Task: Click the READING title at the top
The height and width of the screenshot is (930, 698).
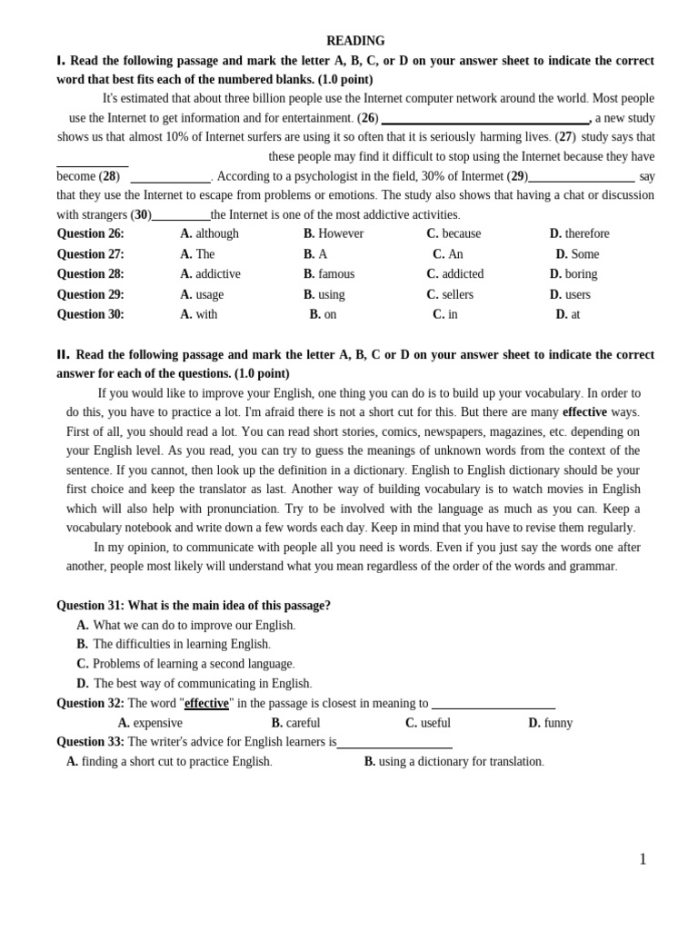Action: [355, 41]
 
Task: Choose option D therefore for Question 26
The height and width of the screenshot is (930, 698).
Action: [579, 233]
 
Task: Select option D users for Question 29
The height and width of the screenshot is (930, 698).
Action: [570, 294]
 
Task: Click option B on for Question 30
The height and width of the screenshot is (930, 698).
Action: [323, 314]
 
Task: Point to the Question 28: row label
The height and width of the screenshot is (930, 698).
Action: [90, 273]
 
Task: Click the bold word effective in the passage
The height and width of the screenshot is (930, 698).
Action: [584, 411]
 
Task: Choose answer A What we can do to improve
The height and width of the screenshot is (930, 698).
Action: [186, 625]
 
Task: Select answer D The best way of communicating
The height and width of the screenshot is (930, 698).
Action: [194, 683]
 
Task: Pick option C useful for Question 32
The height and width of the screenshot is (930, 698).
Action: [428, 723]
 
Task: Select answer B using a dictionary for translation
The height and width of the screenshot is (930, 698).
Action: [454, 761]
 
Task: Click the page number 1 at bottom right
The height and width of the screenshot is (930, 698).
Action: [643, 859]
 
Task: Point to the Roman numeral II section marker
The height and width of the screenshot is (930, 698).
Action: [63, 354]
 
